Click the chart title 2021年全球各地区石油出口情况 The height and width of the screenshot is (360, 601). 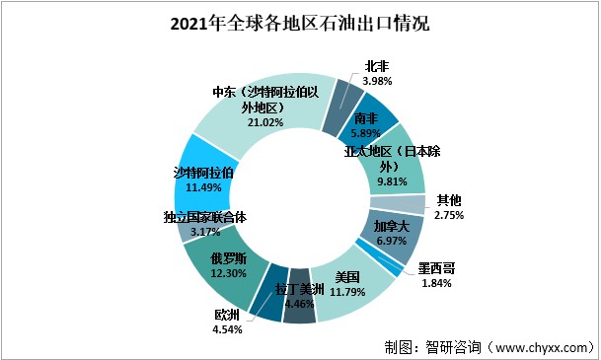(300, 23)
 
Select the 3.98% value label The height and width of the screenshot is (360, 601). (378, 79)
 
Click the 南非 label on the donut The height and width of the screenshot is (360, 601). (367, 118)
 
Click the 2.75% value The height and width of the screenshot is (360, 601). (448, 214)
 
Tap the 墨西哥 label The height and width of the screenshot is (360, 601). (435, 267)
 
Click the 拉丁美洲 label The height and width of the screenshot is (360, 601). (296, 291)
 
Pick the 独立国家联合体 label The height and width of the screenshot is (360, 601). (205, 217)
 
